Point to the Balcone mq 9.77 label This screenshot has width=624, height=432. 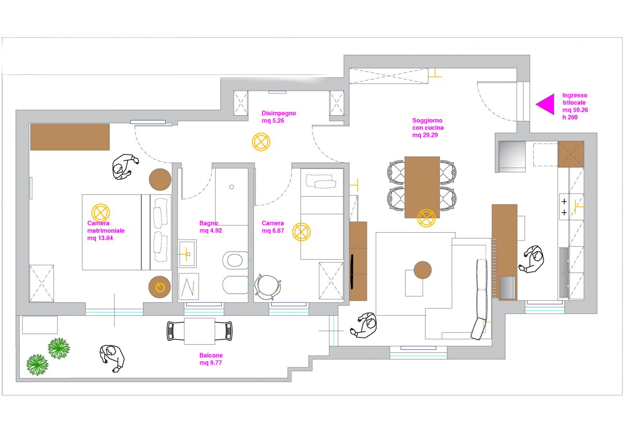211,359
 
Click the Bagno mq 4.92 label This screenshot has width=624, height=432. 211,227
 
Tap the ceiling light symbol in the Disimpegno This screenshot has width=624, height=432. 261,142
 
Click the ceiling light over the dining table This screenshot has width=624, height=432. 426,218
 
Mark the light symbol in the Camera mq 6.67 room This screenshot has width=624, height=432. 301,232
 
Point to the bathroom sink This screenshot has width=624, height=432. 187,253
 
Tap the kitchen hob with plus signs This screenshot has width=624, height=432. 564,206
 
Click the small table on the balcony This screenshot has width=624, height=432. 199,331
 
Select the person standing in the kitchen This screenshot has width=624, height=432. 533,259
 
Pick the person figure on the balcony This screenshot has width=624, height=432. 113,358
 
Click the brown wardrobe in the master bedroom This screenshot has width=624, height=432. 70,137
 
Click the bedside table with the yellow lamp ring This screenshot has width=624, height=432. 160,287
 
